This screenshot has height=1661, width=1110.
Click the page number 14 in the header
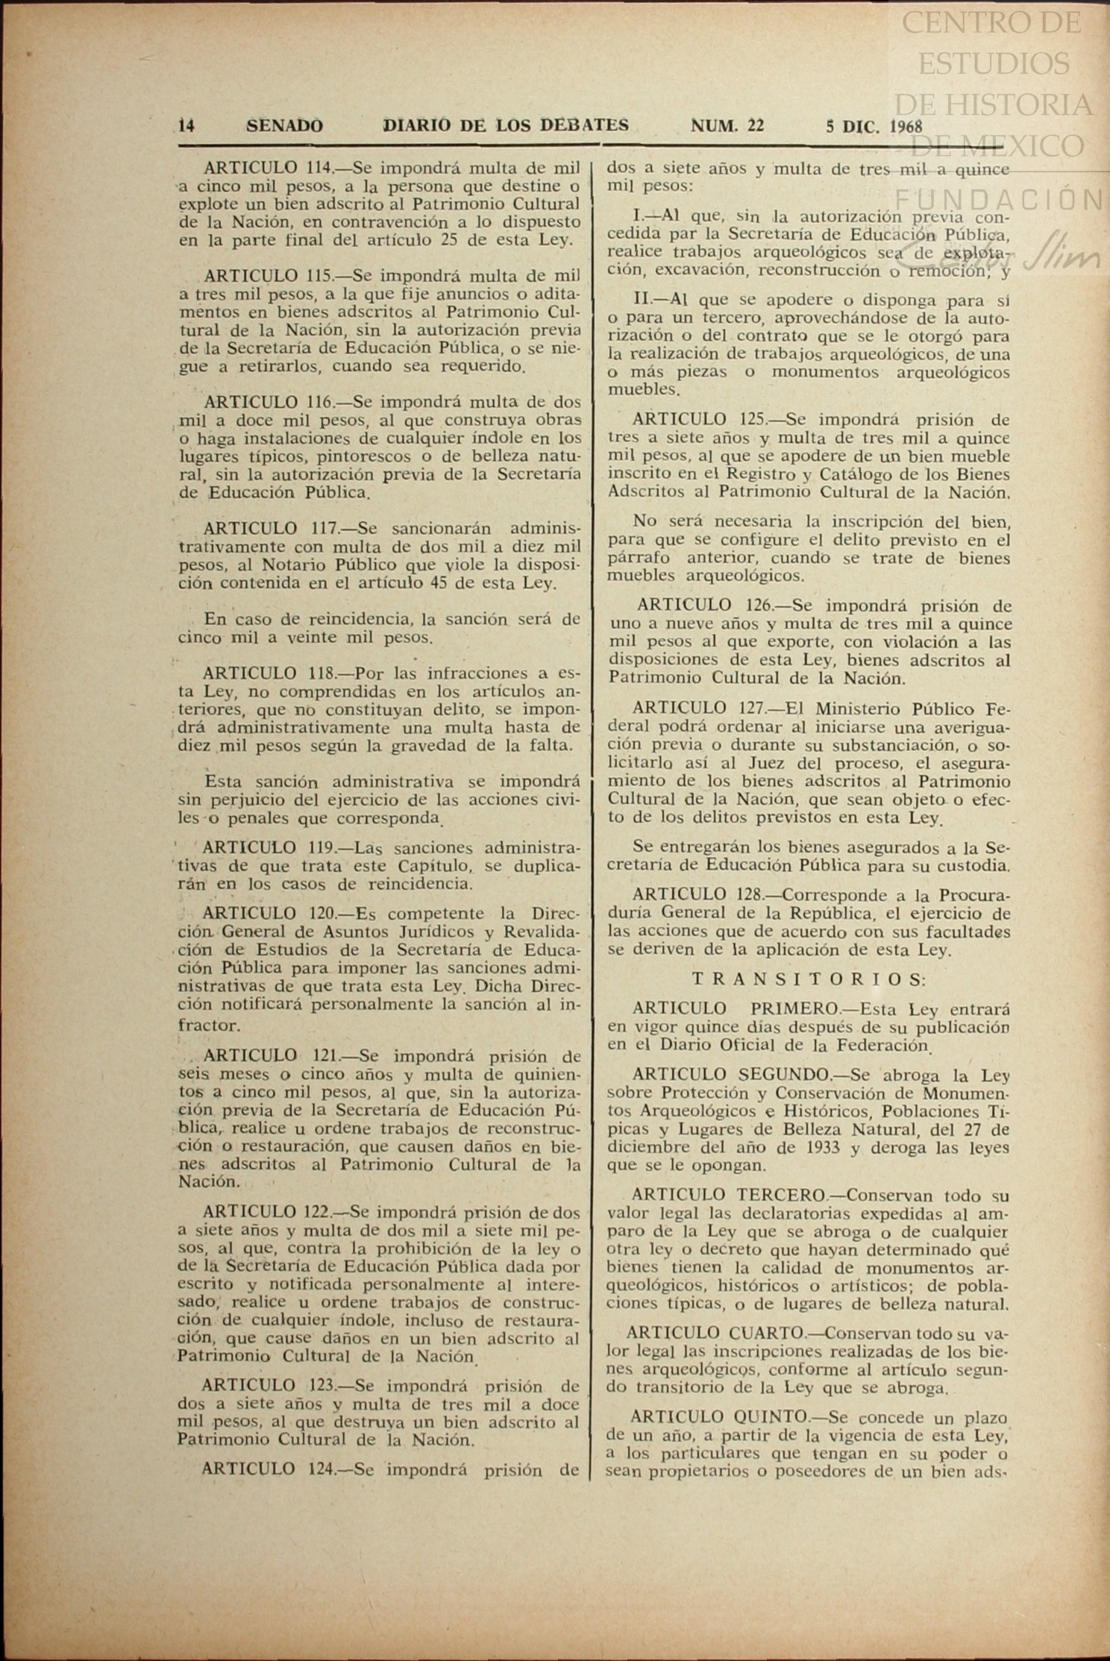click(186, 126)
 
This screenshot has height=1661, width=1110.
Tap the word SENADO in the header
click(285, 126)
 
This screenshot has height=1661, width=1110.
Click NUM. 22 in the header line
click(727, 125)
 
